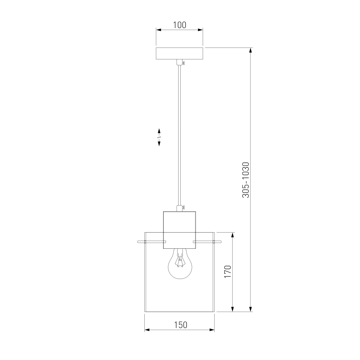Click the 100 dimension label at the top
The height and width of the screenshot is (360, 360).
tap(180, 25)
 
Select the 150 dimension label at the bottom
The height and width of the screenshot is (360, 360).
tap(181, 325)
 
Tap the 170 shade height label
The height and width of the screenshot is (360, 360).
tap(228, 271)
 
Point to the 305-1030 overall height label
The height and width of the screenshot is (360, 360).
tap(246, 180)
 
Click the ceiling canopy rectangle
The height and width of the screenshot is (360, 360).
tap(179, 53)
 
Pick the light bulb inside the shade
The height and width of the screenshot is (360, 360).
tap(180, 264)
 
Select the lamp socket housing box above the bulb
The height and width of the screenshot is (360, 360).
tap(179, 230)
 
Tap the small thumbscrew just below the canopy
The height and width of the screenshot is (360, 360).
tap(184, 62)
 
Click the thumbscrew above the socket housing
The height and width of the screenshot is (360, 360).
tap(184, 208)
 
